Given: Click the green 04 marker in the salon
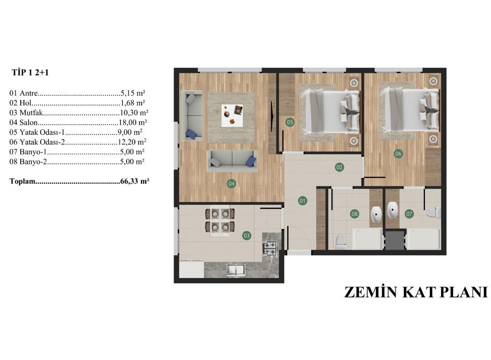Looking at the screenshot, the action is [x=232, y=184].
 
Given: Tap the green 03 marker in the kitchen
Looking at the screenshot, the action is [x=247, y=235].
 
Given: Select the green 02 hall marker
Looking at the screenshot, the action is [x=339, y=167].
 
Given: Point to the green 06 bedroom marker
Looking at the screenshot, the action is [x=398, y=153].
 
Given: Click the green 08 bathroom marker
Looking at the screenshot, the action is [x=354, y=214].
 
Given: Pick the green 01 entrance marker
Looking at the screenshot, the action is [x=303, y=201].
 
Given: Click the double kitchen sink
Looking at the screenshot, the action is [x=235, y=270].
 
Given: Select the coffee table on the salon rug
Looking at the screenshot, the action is [x=233, y=116].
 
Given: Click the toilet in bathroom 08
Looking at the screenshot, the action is [x=340, y=242].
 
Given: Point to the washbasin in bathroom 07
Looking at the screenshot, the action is [x=392, y=210].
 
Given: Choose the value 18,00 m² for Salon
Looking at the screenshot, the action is [x=133, y=122].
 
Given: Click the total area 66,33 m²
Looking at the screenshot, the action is [x=135, y=181].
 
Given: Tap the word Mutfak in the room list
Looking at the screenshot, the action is [x=31, y=112].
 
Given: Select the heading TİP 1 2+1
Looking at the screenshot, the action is [x=30, y=73].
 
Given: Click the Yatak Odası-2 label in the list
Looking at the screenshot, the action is [x=42, y=142].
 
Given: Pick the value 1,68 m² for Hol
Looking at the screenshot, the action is [x=133, y=103].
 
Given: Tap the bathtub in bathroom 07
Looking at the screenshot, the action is [x=423, y=239].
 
